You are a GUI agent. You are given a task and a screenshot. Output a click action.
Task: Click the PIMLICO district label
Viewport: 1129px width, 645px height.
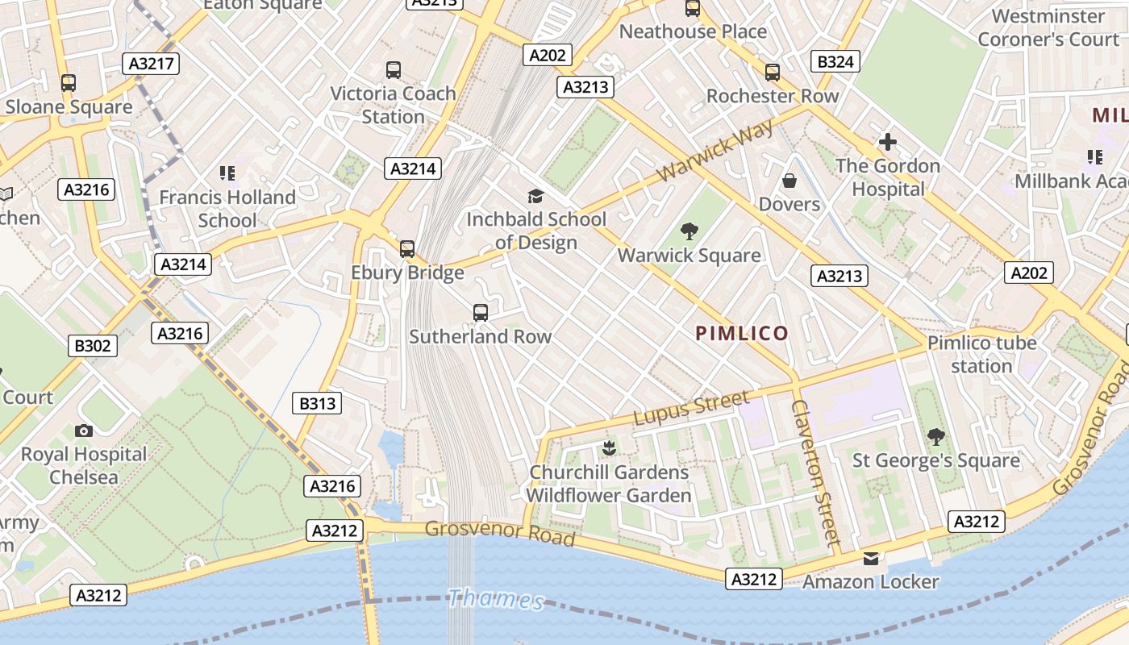point(742,333)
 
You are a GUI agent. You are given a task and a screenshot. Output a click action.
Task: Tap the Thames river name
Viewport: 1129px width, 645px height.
point(496,599)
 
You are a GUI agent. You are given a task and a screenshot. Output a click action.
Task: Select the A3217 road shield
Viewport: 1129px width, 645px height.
point(152,64)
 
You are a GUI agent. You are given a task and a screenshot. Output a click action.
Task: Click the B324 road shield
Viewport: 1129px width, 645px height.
point(835,61)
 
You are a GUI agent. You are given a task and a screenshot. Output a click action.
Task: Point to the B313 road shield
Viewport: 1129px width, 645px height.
point(318,403)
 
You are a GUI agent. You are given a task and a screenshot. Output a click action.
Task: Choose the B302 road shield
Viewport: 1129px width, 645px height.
point(93,346)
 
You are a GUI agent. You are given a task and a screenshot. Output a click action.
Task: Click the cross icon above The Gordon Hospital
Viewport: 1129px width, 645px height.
point(888,143)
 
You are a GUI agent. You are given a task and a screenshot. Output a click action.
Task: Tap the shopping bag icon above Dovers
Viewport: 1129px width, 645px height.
point(789,181)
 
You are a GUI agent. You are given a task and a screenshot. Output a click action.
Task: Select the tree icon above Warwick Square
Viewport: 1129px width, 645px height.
point(689,232)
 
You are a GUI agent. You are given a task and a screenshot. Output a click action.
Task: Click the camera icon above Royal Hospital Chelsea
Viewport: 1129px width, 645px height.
point(83,431)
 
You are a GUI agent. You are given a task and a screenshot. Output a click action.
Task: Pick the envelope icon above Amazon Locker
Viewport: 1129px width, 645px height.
point(871,558)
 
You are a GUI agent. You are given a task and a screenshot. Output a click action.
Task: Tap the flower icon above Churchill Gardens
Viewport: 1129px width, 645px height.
point(609,448)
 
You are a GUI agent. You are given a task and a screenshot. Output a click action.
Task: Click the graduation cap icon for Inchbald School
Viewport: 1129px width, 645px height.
point(535,196)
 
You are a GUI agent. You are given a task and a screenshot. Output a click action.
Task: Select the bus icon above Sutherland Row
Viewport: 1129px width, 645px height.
point(481,313)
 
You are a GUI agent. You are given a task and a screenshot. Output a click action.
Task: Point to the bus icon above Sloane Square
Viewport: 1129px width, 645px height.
point(69,83)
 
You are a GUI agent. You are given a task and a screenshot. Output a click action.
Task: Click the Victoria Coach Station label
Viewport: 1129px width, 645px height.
point(394,105)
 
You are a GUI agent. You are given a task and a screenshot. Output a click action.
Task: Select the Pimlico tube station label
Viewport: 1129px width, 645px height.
point(981,354)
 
